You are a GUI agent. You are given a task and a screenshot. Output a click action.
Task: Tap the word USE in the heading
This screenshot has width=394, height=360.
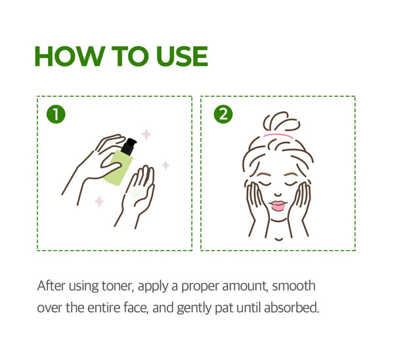(x=182, y=56)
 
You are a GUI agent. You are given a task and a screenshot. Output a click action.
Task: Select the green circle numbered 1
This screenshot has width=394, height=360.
(x=56, y=114)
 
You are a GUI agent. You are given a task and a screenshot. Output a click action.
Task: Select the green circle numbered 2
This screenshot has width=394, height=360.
(x=223, y=114)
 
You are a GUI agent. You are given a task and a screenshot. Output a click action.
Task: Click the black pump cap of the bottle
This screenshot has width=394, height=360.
(x=129, y=146)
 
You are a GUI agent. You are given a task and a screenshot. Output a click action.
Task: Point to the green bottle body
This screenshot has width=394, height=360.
(x=118, y=167)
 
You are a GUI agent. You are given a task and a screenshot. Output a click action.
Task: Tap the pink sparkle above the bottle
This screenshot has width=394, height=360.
(x=146, y=135)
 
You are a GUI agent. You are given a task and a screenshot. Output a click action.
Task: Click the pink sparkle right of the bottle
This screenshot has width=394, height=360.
(x=165, y=166)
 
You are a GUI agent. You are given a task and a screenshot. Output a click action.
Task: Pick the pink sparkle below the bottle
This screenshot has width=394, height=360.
(x=99, y=202)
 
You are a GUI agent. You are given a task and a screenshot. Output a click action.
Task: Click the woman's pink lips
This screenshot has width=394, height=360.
(x=278, y=205)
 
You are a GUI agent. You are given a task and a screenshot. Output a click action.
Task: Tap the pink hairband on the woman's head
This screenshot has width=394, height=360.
(x=278, y=136)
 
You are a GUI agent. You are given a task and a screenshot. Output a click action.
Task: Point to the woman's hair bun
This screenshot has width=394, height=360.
(x=282, y=122)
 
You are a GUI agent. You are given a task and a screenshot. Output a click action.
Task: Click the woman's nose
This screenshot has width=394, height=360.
(x=278, y=194)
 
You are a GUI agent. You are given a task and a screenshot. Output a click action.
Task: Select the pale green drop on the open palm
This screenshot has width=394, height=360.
(x=136, y=194)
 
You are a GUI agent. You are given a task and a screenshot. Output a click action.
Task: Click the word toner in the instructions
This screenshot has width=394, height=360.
(x=118, y=286)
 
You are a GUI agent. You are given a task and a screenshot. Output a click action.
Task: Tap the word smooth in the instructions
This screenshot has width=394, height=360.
(x=294, y=286)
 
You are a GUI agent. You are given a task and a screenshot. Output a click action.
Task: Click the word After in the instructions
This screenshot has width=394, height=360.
(x=51, y=286)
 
